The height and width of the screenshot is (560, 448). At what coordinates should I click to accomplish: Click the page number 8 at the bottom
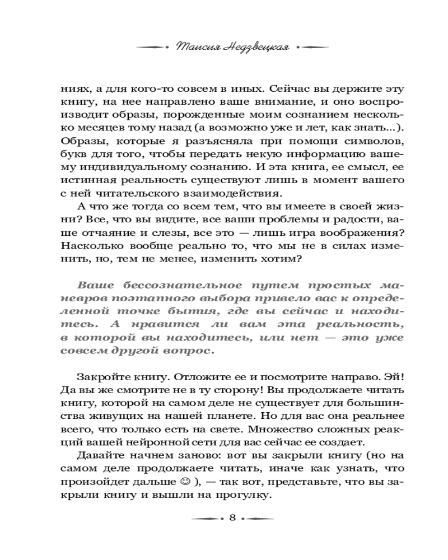click(232, 518)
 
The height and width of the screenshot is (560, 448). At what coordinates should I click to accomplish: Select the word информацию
click(314, 152)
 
